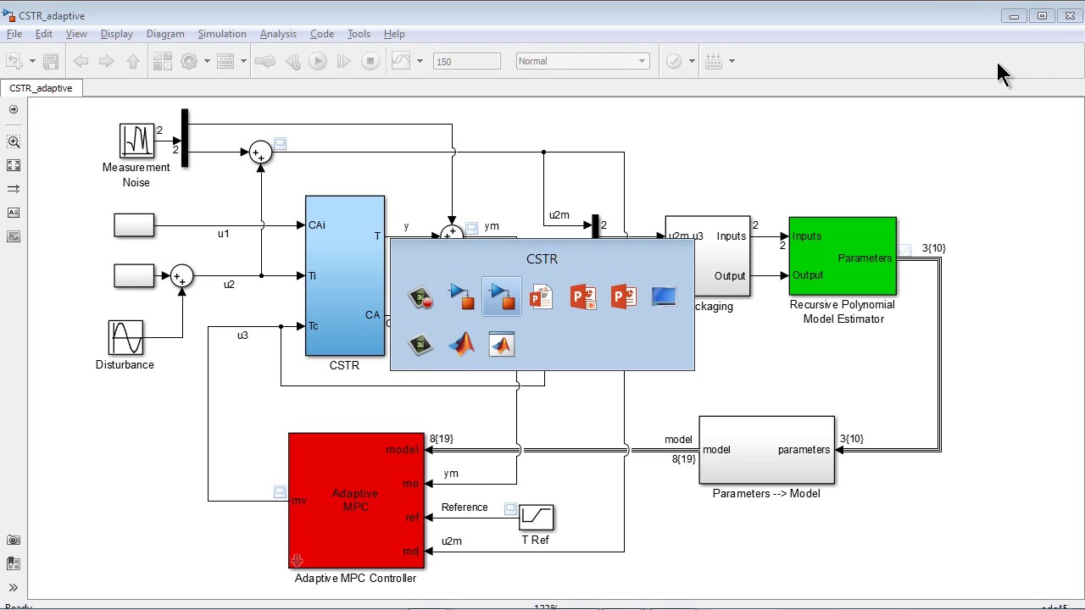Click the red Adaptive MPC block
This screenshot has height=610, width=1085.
pos(356,500)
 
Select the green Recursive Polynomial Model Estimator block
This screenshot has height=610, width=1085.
pos(842,257)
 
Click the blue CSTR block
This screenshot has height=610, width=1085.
pos(344,275)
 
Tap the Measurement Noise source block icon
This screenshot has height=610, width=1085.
pos(136,141)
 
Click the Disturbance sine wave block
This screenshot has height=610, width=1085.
pos(125,337)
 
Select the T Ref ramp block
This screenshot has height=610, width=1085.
pos(536,517)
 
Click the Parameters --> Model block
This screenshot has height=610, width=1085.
pos(766,450)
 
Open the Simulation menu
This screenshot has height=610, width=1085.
pos(221,34)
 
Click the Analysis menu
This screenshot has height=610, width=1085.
pos(278,34)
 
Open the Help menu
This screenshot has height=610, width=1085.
pos(394,34)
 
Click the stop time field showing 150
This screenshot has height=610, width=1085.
pos(466,61)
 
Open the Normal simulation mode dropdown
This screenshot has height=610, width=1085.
pos(581,61)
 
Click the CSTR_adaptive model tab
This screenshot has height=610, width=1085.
pos(41,88)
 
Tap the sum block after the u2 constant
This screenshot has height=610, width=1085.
pos(181,276)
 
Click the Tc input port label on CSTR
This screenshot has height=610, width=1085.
pos(314,326)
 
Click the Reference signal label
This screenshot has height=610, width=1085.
pos(464,507)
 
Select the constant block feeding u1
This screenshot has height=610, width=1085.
pos(134,225)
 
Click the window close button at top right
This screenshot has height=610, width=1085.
pos(1070,16)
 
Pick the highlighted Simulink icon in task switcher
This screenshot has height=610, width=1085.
pos(502,297)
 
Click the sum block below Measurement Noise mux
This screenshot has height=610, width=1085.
pos(260,152)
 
